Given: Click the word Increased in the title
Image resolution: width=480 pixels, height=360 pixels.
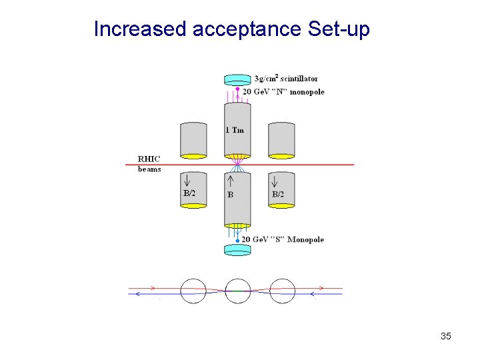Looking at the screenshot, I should click(140, 30).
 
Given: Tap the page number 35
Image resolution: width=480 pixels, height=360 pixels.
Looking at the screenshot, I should click(446, 336).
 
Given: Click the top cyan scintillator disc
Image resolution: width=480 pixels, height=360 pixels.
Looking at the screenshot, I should click(237, 80).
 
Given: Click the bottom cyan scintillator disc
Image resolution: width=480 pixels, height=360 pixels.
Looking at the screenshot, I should click(237, 250).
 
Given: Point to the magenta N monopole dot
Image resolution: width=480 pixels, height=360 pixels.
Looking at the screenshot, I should click(238, 89).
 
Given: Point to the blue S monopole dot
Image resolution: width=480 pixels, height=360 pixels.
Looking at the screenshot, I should click(238, 239).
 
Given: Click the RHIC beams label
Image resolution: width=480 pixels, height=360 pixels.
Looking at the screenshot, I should click(149, 164).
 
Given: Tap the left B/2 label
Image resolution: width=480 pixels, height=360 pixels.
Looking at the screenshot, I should click(190, 193).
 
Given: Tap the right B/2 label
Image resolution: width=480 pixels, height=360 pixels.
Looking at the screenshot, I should click(278, 193).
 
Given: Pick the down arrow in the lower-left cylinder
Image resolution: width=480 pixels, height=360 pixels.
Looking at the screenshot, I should click(187, 180).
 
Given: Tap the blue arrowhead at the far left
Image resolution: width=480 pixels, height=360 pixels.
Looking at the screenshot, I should click(136, 293).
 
